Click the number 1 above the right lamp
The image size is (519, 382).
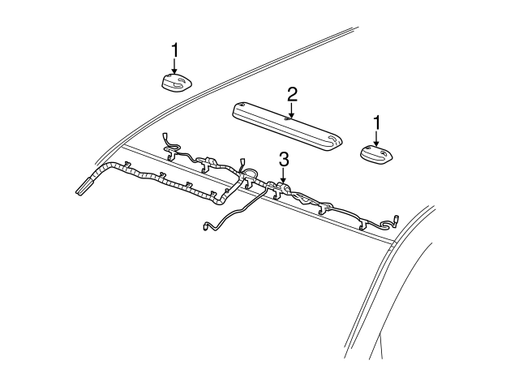pyautogui.click(x=377, y=122)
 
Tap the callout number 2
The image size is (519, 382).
pyautogui.click(x=290, y=94)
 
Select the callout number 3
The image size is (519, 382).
pyautogui.click(x=283, y=159)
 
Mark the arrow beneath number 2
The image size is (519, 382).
pyautogui.click(x=290, y=110)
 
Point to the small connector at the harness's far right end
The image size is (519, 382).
pyautogui.click(x=397, y=219)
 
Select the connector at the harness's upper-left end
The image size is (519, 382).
pyautogui.click(x=166, y=138)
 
